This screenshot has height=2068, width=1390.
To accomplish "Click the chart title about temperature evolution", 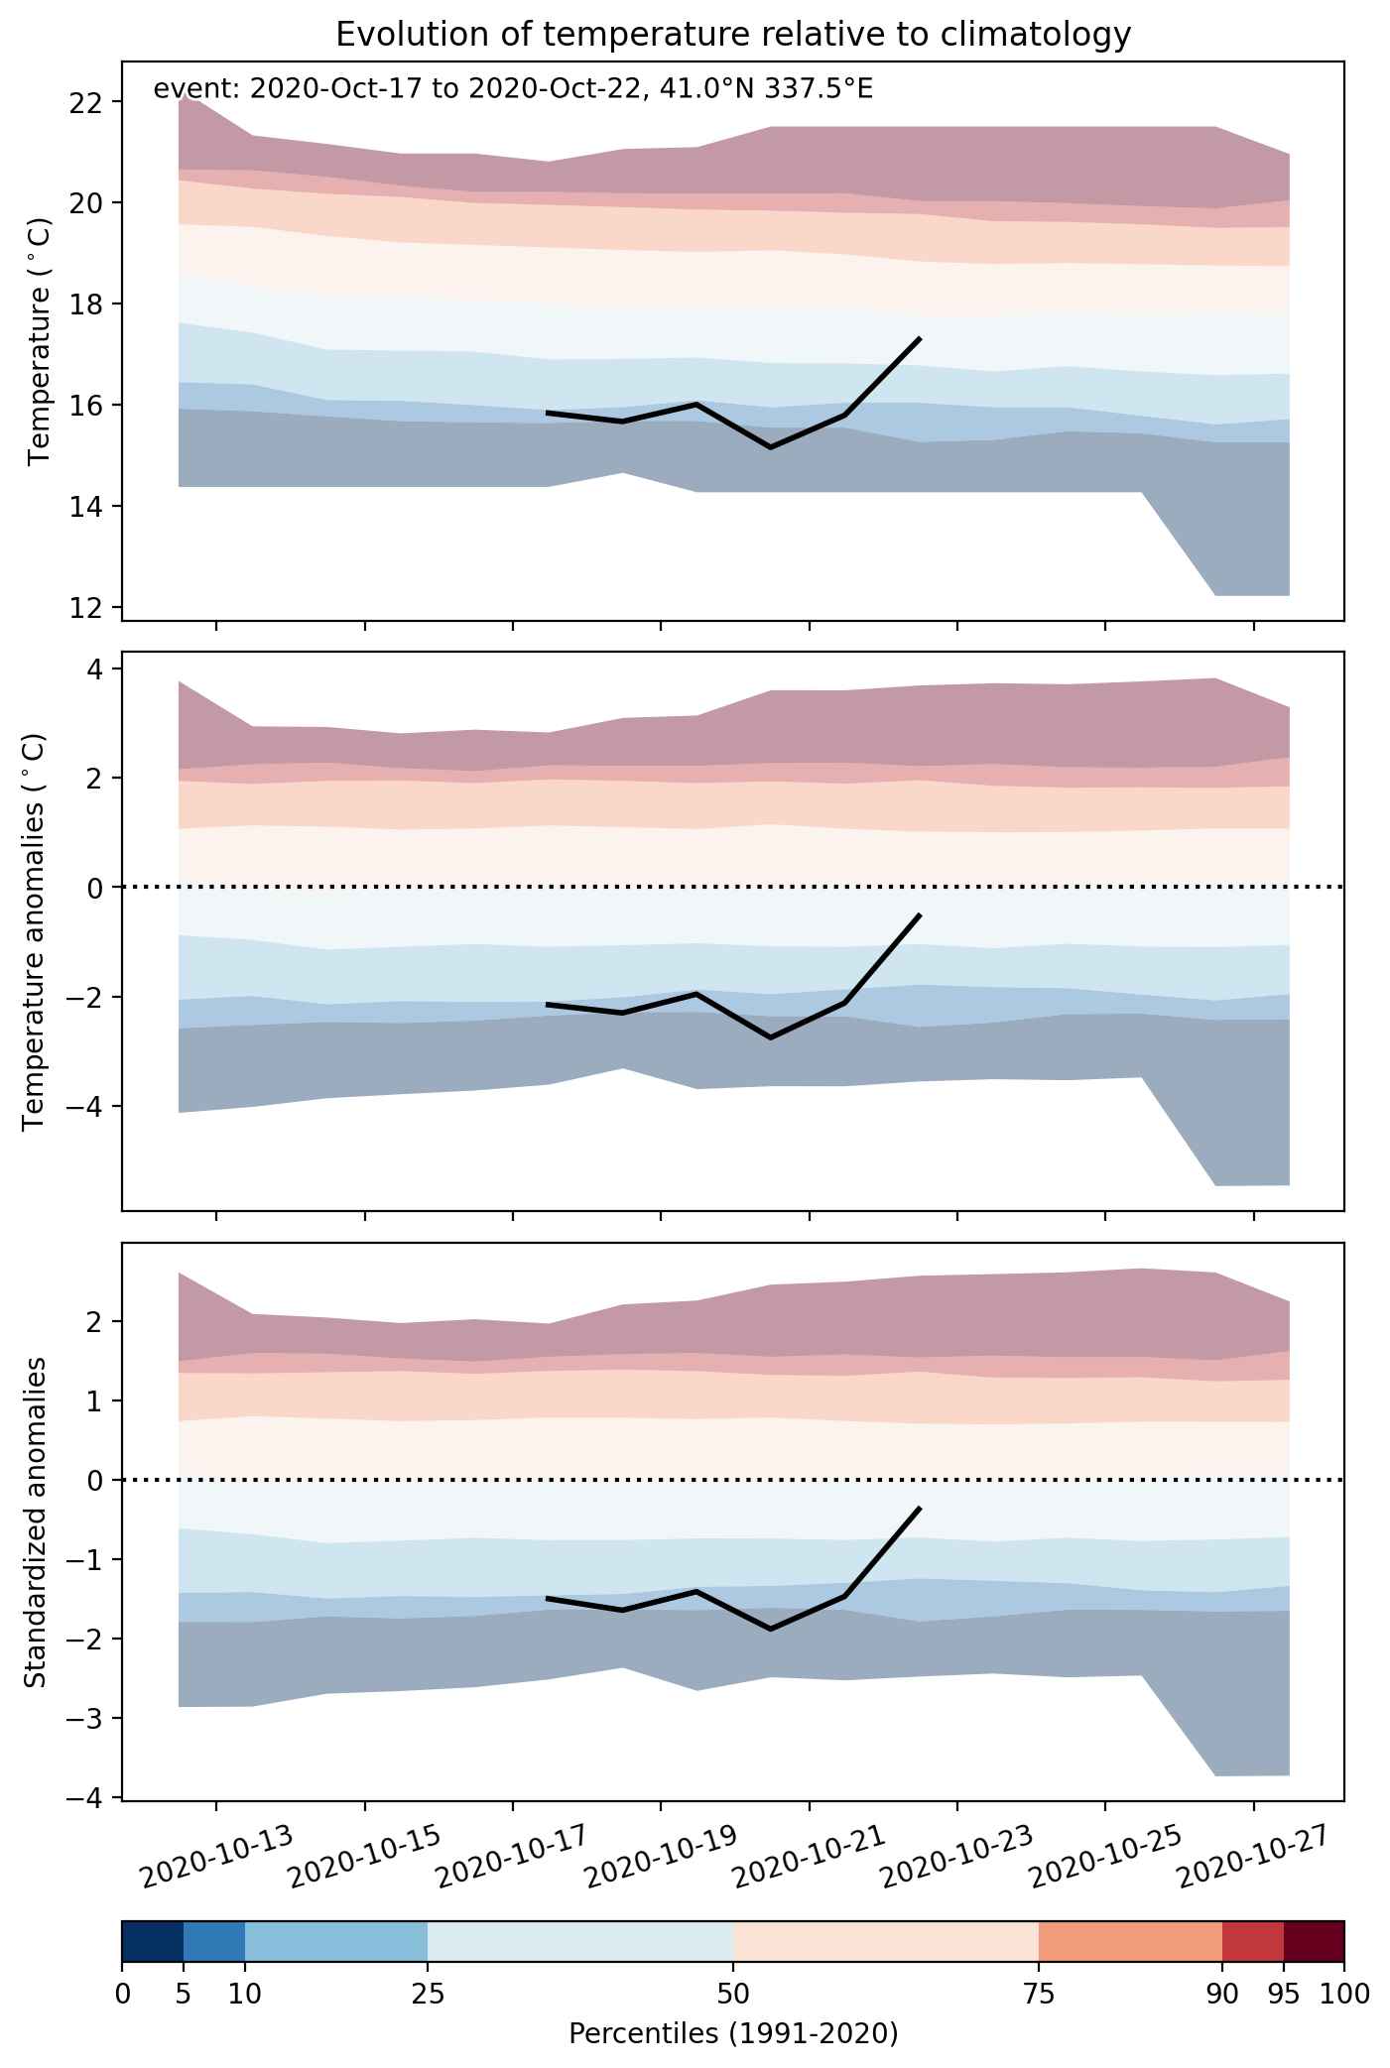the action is tap(733, 35).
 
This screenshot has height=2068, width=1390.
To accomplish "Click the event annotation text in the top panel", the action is tap(513, 90).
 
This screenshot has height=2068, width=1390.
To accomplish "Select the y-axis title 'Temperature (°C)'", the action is tap(39, 342).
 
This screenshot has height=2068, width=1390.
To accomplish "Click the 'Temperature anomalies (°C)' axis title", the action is tap(34, 931).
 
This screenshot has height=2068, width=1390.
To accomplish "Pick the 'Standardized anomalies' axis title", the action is tap(34, 1521).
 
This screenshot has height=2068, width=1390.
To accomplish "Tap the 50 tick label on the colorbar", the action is tap(733, 1995).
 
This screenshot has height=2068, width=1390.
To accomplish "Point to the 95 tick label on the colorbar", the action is tap(1284, 1995).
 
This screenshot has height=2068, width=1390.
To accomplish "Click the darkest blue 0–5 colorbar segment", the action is tap(153, 1941).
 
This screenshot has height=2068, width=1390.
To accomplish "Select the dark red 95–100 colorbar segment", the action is tap(1314, 1941).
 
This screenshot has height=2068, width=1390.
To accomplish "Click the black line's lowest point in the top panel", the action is tap(771, 447).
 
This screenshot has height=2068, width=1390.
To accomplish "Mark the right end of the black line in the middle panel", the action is tap(921, 914).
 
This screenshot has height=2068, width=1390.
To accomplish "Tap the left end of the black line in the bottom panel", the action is tap(548, 1598).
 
